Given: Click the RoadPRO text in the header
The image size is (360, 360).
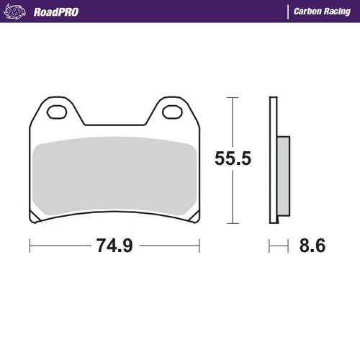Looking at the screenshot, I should [x=55, y=12].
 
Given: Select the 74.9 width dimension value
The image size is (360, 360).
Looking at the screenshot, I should [x=114, y=246].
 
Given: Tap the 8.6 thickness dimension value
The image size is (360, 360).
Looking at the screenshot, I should [x=311, y=246].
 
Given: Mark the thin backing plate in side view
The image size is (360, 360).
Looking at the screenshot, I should [x=274, y=158].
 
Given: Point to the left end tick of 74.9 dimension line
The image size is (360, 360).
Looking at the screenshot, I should [x=30, y=246].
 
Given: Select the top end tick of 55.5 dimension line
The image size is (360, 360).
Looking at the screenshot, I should [x=232, y=96].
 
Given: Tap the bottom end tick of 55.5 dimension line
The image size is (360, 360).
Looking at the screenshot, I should [x=232, y=222].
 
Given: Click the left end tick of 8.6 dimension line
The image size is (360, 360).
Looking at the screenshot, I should [x=270, y=246].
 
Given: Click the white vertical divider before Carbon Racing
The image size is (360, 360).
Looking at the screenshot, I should [x=288, y=12].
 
